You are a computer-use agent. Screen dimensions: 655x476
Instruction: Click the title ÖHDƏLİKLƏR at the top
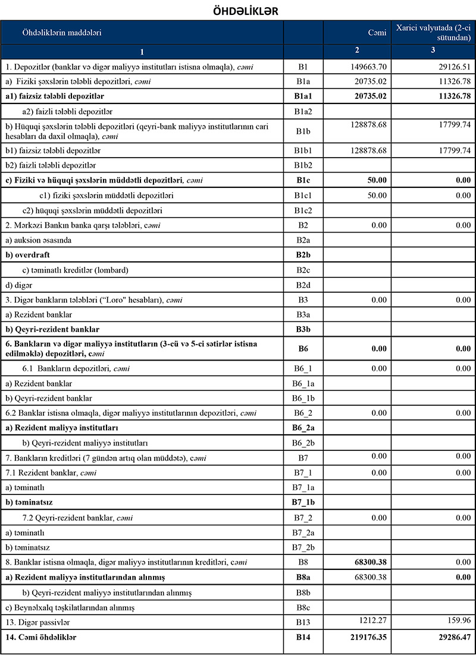(237, 11)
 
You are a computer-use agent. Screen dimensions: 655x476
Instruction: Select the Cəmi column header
(377, 33)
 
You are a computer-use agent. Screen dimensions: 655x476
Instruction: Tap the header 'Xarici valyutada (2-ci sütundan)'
(433, 33)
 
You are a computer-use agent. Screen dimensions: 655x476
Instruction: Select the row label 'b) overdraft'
(28, 255)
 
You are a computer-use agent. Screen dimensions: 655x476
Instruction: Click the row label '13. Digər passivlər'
(36, 622)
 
